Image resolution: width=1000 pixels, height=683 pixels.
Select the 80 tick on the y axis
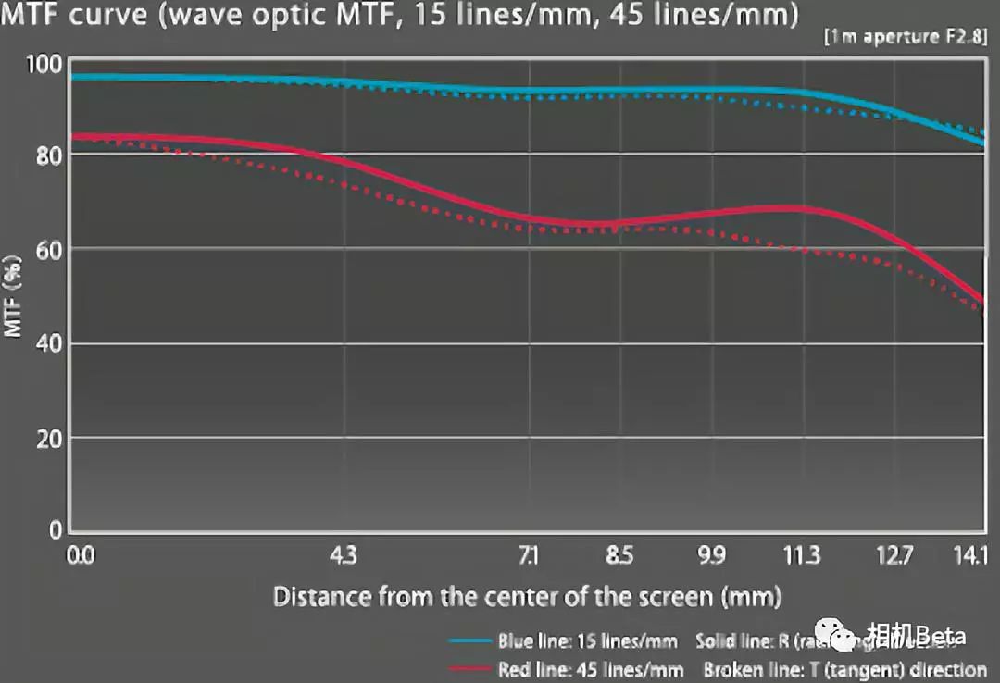click(x=48, y=155)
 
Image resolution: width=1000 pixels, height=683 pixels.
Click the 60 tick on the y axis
click(x=48, y=249)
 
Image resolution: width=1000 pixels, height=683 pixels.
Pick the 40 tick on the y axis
click(x=48, y=344)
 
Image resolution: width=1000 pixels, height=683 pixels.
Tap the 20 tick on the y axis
click(x=48, y=438)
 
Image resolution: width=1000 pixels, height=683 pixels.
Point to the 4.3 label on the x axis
click(x=343, y=556)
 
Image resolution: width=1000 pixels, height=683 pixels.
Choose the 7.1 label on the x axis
click(x=528, y=556)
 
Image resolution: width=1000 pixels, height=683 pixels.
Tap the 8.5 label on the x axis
click(x=619, y=556)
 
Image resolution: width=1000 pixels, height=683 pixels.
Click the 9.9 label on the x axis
click(x=711, y=556)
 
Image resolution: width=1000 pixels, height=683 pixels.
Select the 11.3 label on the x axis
click(x=802, y=556)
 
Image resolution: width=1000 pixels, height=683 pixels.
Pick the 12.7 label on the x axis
click(x=894, y=556)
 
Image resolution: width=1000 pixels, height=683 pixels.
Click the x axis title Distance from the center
click(x=527, y=596)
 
